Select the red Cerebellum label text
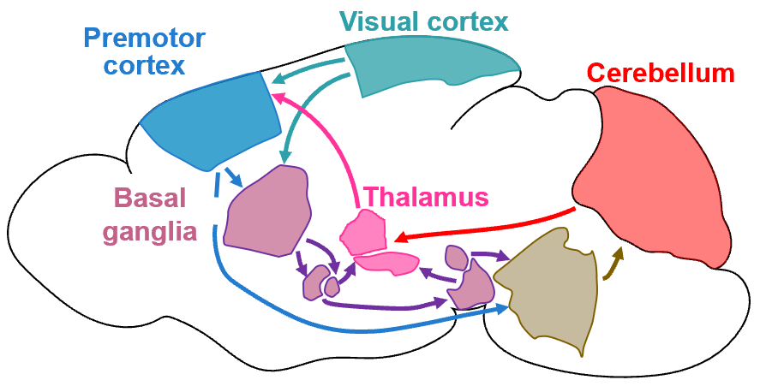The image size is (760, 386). pos(661,74)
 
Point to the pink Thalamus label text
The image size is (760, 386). pos(426,198)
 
